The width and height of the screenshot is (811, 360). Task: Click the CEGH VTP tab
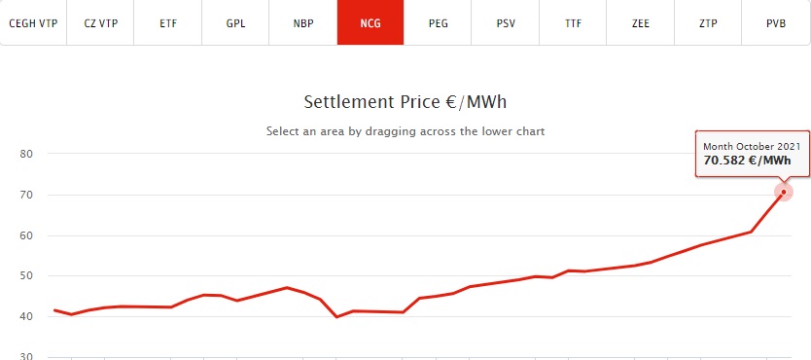point(33,23)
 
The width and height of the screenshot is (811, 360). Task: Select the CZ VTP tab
point(100,23)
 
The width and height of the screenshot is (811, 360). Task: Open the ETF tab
point(168,23)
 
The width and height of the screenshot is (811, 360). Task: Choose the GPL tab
point(235,23)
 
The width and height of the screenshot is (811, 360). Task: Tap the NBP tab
point(303,23)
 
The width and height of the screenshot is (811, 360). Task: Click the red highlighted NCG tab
point(370,23)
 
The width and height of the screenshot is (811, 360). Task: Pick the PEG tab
point(439,23)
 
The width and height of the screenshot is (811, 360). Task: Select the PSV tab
point(506,23)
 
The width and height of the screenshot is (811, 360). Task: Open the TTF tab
point(573,23)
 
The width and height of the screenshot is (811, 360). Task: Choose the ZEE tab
point(640,23)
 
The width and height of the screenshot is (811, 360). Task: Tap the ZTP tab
point(708,23)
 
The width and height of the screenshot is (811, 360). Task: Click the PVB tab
point(776,23)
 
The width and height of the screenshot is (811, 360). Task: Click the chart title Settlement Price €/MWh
point(405,102)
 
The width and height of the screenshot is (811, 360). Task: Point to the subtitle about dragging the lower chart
point(405,131)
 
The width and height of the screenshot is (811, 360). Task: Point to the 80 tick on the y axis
point(26,154)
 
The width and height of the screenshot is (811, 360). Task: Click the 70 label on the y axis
point(26,195)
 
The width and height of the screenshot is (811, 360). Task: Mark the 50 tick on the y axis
point(26,275)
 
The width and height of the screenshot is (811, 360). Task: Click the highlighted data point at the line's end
point(784,193)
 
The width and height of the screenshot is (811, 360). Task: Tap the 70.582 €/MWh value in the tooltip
point(747,161)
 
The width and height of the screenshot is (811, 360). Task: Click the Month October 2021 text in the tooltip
point(752,147)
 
